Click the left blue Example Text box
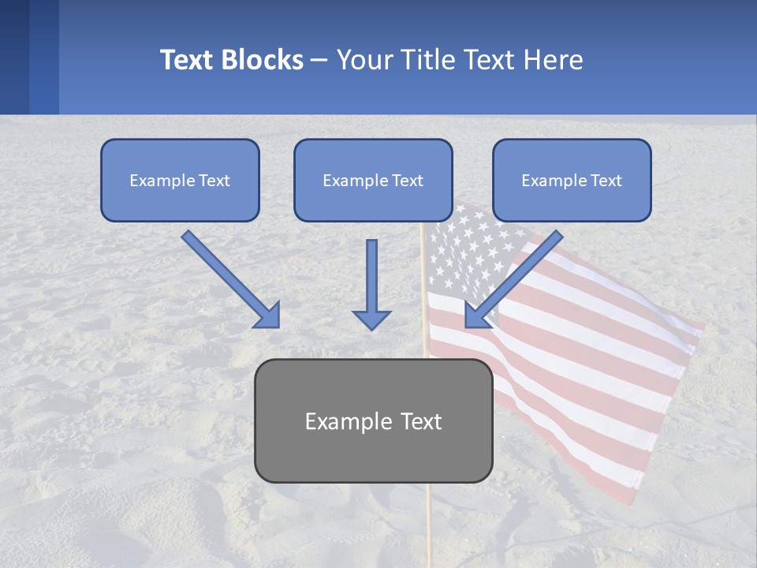[180, 181]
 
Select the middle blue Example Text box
[373, 181]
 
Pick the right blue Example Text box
[572, 181]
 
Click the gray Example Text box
[373, 421]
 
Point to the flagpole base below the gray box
[429, 525]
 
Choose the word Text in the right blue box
[605, 181]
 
